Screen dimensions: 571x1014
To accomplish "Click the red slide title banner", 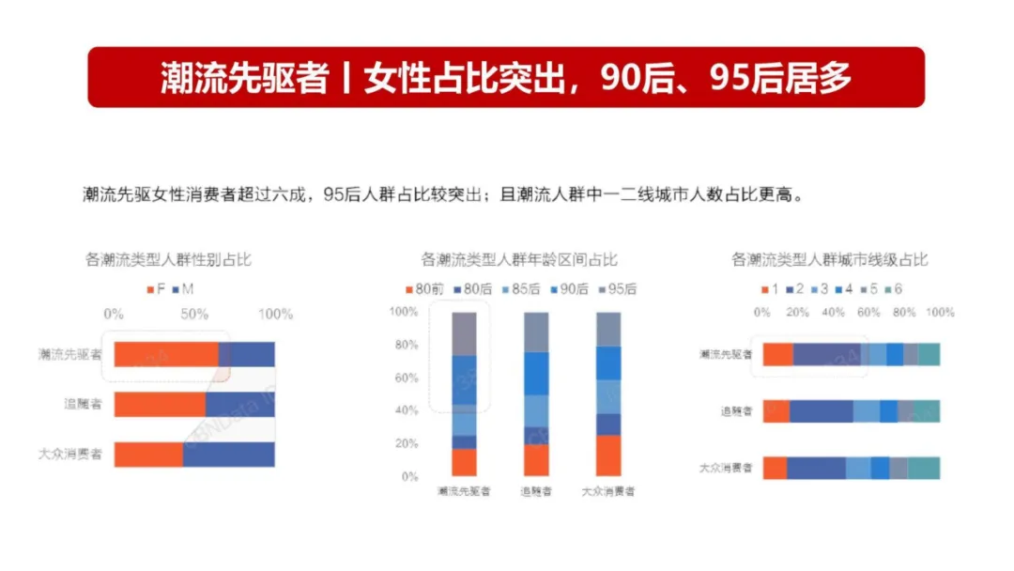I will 506,77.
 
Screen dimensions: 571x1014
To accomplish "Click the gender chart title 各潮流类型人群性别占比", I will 169,260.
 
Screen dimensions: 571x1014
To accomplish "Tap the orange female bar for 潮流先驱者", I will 166,354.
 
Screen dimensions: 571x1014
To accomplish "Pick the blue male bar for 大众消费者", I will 228,454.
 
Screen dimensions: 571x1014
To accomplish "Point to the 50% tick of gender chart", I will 194,314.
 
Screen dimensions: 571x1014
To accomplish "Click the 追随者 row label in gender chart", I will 83,405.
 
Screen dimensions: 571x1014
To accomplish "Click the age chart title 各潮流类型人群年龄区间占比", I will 519,260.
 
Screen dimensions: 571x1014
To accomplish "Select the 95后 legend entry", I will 616,289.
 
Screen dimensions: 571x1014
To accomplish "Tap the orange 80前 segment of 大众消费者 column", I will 608,455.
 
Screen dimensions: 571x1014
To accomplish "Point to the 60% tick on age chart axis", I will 405,378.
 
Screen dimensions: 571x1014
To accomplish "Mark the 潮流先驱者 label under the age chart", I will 464,491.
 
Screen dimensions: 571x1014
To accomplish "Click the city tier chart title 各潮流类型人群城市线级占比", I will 829,260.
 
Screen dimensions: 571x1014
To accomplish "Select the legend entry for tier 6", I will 892,289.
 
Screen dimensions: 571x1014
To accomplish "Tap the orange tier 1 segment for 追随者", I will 776,411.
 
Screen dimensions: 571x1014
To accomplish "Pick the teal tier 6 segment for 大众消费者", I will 924,468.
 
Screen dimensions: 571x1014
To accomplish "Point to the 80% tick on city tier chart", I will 903,312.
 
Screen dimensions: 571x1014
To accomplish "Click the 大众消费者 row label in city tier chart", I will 726,468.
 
